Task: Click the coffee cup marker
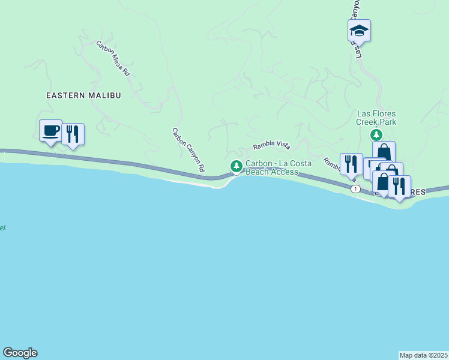point(50,130)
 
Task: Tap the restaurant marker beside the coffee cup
point(72,134)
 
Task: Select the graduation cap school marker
point(359,30)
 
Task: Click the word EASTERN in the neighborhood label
point(68,95)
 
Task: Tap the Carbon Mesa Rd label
point(113,58)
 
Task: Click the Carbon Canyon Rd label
point(188,150)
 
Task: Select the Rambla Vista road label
point(271,145)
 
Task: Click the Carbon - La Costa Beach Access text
point(272,168)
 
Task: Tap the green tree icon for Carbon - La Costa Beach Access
point(237,166)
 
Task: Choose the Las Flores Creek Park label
point(376,118)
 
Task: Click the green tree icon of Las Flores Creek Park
point(376,134)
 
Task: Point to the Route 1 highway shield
point(356,188)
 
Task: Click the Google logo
point(20,353)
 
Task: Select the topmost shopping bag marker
point(384,151)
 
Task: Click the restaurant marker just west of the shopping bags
point(351,164)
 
